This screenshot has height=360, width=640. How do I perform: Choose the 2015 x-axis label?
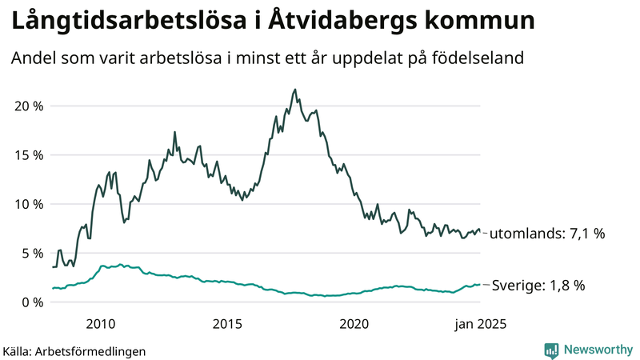pyautogui.click(x=227, y=324)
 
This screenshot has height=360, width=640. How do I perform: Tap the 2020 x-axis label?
pyautogui.click(x=354, y=324)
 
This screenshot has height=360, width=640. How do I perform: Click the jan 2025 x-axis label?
pyautogui.click(x=479, y=324)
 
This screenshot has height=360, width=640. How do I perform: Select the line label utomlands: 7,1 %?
pyautogui.click(x=546, y=234)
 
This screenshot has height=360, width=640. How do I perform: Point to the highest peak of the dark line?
pyautogui.click(x=295, y=90)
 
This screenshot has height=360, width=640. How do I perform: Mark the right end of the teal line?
pyautogui.click(x=480, y=284)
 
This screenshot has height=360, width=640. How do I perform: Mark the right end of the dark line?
pyautogui.click(x=480, y=230)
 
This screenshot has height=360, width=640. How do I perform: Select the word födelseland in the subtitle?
pyautogui.click(x=480, y=59)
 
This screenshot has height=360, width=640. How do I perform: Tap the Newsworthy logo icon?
pyautogui.click(x=551, y=350)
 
